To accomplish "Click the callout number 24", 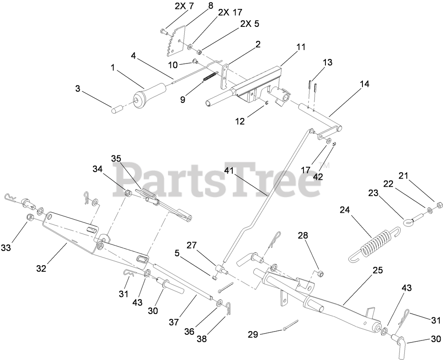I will [345, 210].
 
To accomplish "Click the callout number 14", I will [364, 84].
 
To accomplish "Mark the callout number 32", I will [41, 268].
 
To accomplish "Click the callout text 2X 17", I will [230, 12].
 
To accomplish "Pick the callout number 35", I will [116, 158].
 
